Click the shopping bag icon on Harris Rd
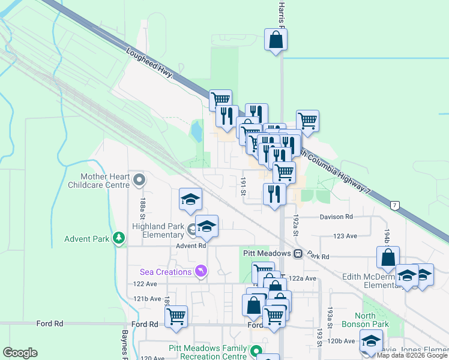(276, 40)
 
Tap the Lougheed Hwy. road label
(150, 63)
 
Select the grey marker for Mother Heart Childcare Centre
(139, 179)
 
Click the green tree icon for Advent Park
(119, 239)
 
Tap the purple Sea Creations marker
(200, 272)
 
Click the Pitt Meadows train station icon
(298, 254)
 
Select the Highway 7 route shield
(394, 206)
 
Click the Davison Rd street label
(336, 217)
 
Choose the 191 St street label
(244, 186)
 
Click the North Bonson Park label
(372, 320)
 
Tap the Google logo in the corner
(20, 353)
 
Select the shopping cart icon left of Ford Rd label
(176, 316)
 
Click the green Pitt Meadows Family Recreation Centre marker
(256, 351)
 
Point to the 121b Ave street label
(147, 298)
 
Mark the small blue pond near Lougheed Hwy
(196, 130)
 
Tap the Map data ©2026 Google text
(412, 355)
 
